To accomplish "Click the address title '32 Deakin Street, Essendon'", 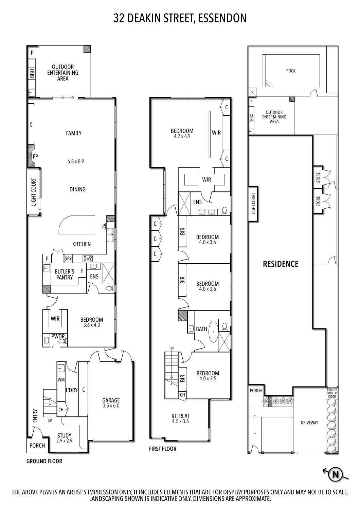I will (180, 18).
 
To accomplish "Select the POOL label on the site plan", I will (291, 71).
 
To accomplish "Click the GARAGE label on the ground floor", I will (111, 400).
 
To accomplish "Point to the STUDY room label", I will (64, 435).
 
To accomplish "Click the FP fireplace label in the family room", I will (35, 157).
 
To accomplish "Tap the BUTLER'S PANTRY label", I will (64, 275).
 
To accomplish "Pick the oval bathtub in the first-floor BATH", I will (213, 329).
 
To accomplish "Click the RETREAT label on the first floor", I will (180, 416).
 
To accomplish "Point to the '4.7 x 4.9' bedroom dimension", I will (182, 136).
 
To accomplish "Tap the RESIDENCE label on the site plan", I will (281, 264).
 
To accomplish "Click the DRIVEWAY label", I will (309, 423).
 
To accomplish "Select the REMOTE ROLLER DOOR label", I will (332, 393).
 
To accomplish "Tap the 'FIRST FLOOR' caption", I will (163, 449).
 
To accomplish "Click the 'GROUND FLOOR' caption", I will (44, 461).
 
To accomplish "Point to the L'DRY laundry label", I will (72, 390).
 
